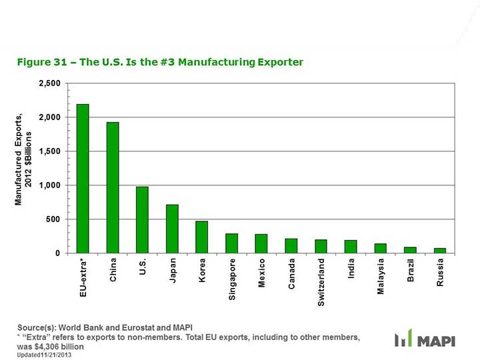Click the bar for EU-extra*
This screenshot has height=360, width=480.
(x=83, y=179)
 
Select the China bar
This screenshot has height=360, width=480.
(x=113, y=187)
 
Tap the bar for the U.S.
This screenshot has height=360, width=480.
(x=142, y=220)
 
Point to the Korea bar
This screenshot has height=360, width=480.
(x=201, y=237)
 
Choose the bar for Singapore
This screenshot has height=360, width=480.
(x=231, y=243)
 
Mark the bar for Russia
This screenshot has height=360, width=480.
(x=440, y=251)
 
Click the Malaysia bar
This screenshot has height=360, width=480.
(x=380, y=248)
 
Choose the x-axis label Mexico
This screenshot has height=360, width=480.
(x=262, y=273)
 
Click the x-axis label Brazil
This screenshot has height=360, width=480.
(x=411, y=270)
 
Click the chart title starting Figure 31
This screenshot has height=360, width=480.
(x=161, y=63)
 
